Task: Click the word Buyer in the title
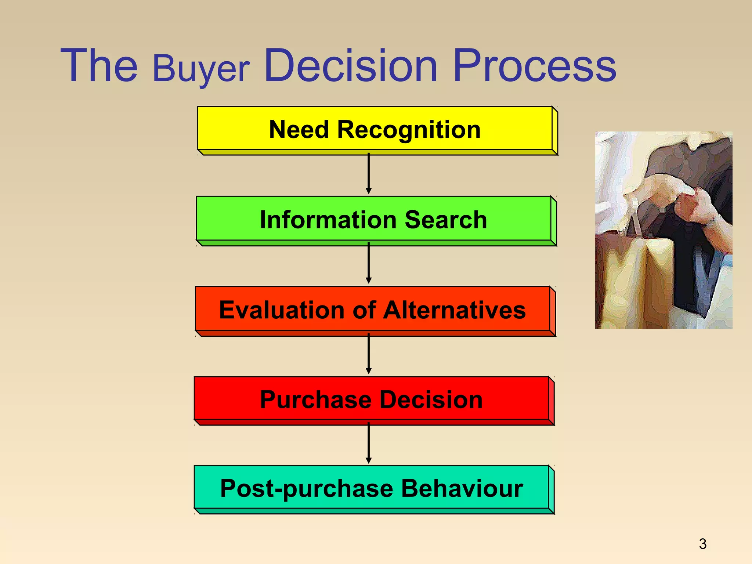pos(201,69)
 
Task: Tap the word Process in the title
pos(534,66)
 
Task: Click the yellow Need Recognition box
pos(375,129)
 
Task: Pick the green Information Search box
pos(373,219)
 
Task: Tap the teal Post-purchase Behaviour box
pos(371,488)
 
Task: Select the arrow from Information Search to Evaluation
pos(369,263)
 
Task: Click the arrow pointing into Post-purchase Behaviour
pos(369,443)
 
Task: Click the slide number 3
pos(702,544)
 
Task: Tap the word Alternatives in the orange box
pos(454,310)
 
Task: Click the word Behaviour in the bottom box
pos(462,488)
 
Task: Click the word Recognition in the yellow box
pos(408,130)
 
